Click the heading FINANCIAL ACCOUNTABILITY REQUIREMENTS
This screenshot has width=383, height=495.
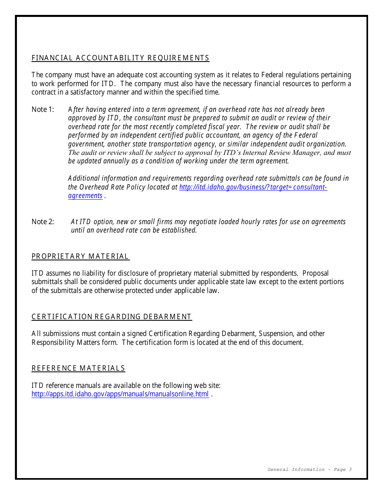click(120, 58)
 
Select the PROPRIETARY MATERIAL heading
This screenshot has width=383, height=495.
click(80, 256)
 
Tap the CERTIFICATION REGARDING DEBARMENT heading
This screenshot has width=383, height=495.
click(111, 317)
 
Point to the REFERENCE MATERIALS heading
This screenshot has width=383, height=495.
click(78, 368)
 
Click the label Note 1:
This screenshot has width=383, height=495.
click(43, 109)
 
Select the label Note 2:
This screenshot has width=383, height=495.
click(43, 222)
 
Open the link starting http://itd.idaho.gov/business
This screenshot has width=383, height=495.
click(253, 187)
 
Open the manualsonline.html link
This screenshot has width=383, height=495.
click(120, 394)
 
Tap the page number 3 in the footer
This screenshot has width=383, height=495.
click(350, 469)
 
